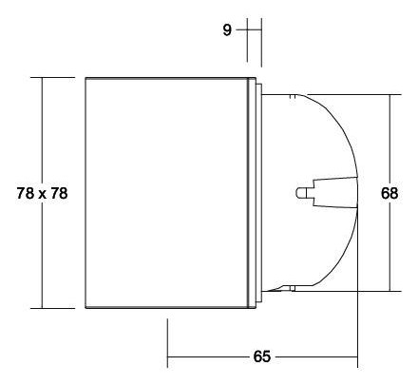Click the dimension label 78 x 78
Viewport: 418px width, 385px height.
pos(43,193)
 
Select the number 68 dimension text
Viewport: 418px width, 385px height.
pos(389,193)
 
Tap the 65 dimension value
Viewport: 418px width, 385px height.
pos(262,356)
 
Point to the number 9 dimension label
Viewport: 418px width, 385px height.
pos(227,29)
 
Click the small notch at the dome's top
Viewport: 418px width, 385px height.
pos(298,95)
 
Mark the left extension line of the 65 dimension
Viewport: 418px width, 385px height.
pos(168,342)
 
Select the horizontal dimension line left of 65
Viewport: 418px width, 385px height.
pos(209,357)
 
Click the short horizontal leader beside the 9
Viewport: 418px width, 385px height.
pos(242,29)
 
